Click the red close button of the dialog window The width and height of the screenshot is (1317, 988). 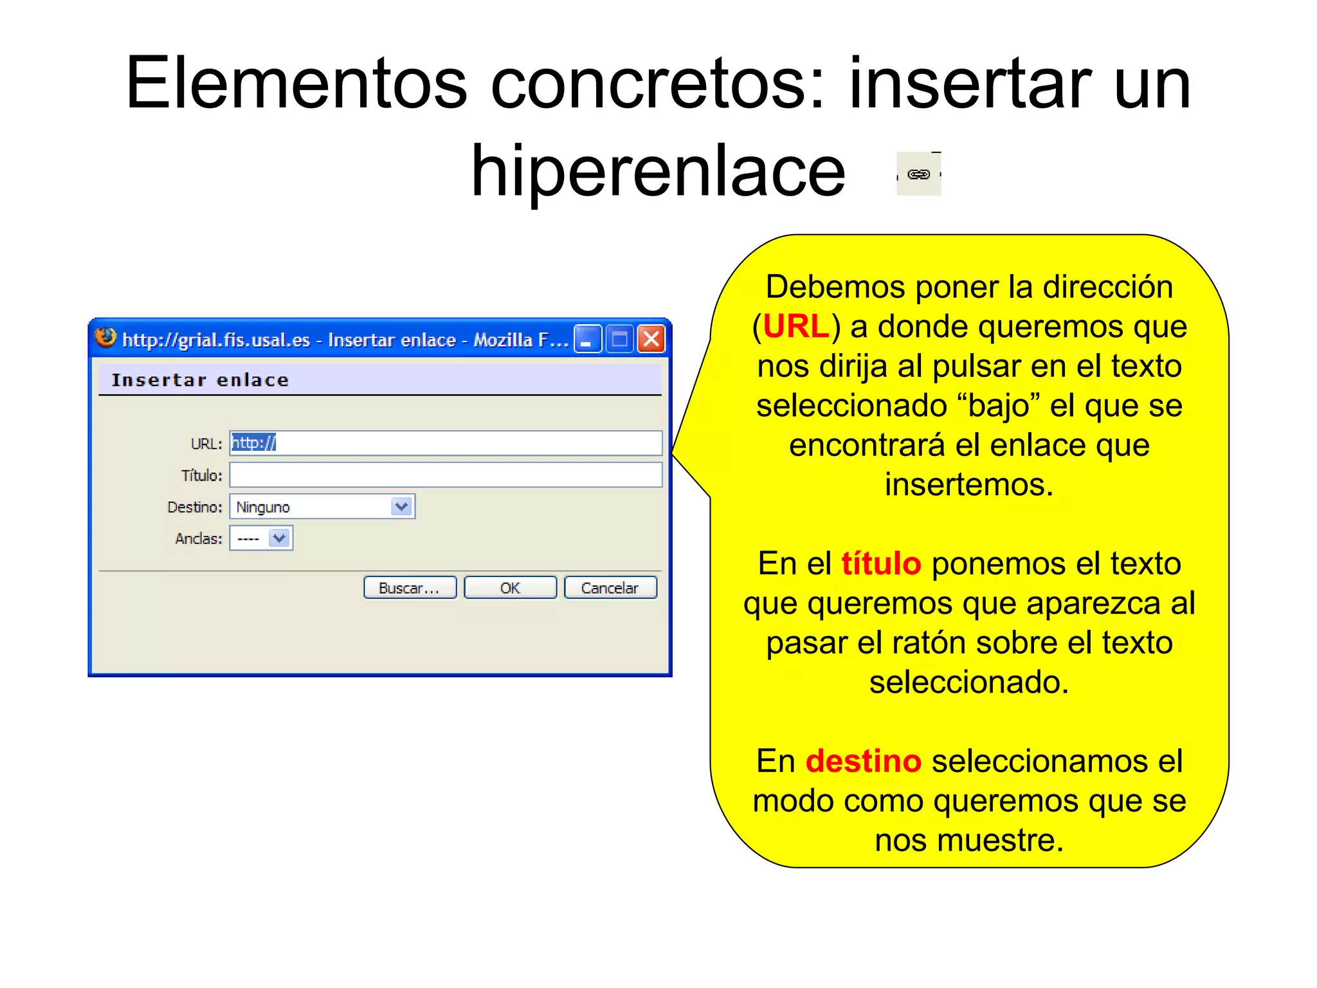(651, 339)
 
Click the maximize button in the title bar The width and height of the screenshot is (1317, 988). (620, 339)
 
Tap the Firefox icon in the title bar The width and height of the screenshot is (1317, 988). (105, 338)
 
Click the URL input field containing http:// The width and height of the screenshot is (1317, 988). (445, 443)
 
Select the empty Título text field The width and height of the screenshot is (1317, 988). (445, 475)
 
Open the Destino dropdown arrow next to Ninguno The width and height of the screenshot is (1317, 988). (402, 507)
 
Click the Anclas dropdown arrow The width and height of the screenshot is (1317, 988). (280, 538)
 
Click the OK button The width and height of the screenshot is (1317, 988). (510, 588)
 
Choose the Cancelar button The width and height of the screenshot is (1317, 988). (610, 588)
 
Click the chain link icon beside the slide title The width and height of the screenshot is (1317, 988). (918, 174)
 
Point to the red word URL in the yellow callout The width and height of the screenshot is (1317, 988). (796, 326)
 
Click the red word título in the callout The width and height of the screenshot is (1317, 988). (881, 563)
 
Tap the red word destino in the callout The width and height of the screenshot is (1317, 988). (863, 761)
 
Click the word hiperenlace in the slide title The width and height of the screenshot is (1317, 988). (658, 171)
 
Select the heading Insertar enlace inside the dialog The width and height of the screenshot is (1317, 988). (200, 380)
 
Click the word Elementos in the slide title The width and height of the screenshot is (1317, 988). (296, 84)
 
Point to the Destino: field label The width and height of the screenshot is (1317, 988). (194, 507)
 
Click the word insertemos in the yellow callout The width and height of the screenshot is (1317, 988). (968, 484)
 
